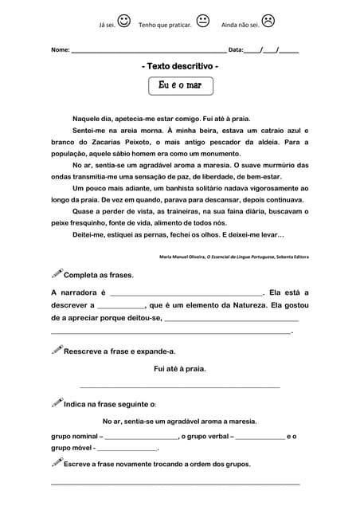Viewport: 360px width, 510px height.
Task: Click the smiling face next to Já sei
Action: tap(124, 22)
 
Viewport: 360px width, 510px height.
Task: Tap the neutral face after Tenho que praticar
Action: tap(203, 22)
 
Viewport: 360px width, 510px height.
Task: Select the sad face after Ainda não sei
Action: tap(268, 22)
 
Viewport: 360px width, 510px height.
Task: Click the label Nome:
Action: tap(60, 50)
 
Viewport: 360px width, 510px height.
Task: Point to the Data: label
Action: tap(236, 50)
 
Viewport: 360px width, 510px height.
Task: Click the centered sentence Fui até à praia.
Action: tap(180, 368)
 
